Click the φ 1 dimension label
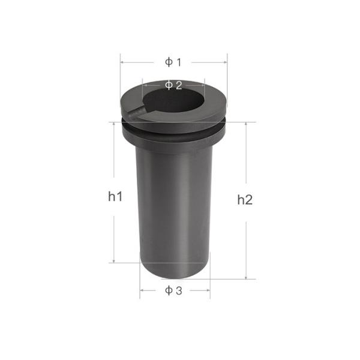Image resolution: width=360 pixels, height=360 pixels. click(x=173, y=62)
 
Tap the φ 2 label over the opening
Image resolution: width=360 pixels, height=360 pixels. click(x=173, y=85)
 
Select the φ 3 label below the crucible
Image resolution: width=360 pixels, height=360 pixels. click(x=173, y=291)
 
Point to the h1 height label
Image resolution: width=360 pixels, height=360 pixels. click(x=116, y=196)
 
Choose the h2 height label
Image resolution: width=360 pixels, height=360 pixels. click(x=244, y=200)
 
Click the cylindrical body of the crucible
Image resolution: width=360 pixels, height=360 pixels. click(x=174, y=210)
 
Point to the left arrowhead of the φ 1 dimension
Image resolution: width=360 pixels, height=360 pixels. click(x=122, y=62)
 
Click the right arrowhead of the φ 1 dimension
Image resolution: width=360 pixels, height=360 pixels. click(x=226, y=62)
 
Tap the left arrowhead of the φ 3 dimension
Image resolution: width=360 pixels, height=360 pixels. click(x=142, y=291)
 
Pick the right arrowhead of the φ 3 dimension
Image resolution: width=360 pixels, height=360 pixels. click(x=208, y=291)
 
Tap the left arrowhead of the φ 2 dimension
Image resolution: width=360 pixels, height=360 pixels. click(x=144, y=85)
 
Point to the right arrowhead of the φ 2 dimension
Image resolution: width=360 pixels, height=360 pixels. click(x=203, y=85)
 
